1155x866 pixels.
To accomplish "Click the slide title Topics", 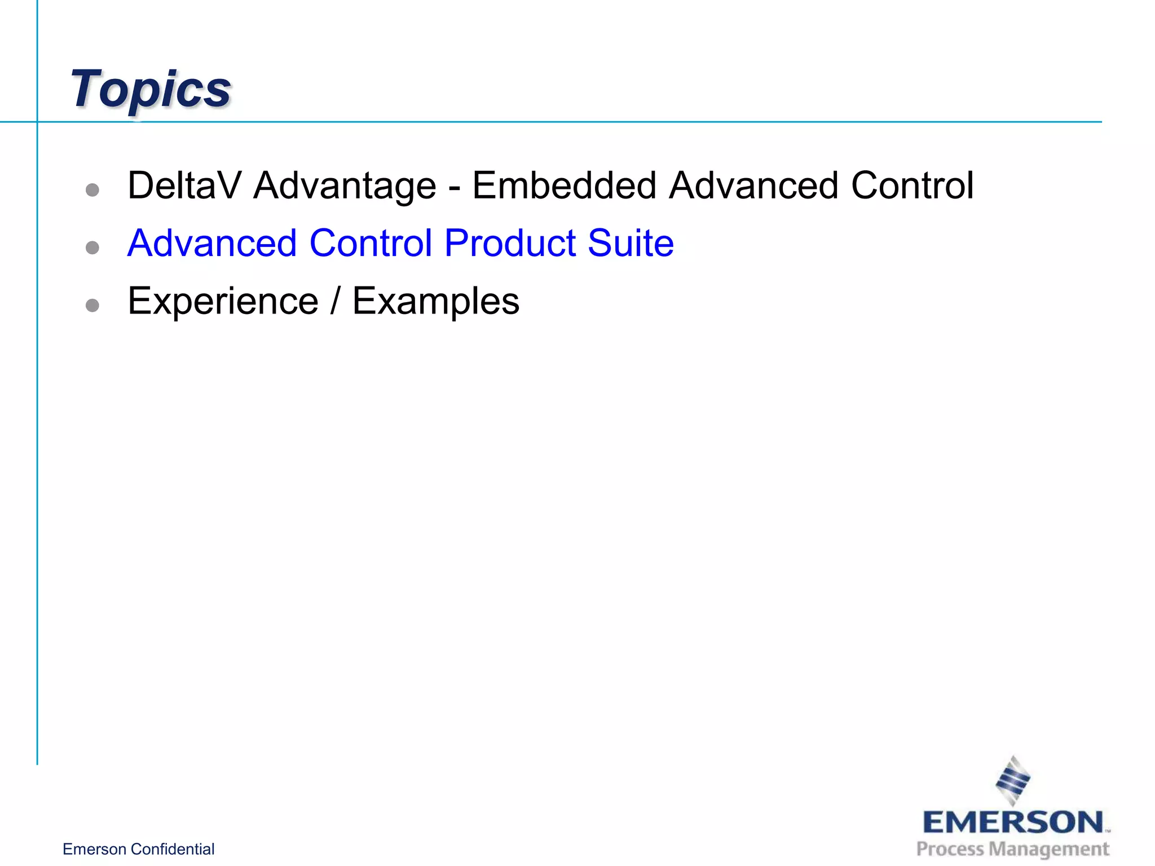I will [x=151, y=89].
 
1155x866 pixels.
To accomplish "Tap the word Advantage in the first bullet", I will [x=345, y=187].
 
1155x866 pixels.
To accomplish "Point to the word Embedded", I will [x=564, y=185].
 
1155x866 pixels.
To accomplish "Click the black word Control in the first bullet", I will [x=912, y=185].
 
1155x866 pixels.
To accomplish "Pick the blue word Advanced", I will [x=212, y=244].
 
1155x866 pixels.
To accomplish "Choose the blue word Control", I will [x=371, y=244].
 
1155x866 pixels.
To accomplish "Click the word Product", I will [x=510, y=244].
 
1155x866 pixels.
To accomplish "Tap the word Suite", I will [x=631, y=244].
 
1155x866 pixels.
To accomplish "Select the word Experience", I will [x=223, y=302].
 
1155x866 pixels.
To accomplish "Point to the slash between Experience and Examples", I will [x=336, y=301].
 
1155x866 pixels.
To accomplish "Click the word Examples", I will [x=436, y=302].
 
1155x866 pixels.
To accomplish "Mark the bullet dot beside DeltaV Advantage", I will [x=92, y=190].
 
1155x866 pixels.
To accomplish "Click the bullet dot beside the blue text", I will [x=92, y=248].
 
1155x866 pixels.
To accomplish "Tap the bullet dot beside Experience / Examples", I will [x=92, y=306].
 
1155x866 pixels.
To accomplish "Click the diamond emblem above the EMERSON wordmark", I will [x=1013, y=781].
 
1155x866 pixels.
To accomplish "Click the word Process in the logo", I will [x=950, y=849].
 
